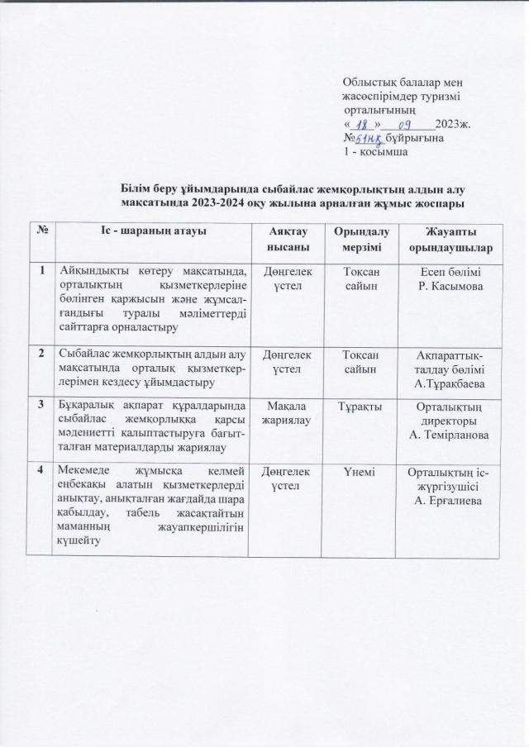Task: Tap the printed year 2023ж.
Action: pos(454,124)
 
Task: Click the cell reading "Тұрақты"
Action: pos(357,405)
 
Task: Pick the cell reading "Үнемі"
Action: pos(357,471)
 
